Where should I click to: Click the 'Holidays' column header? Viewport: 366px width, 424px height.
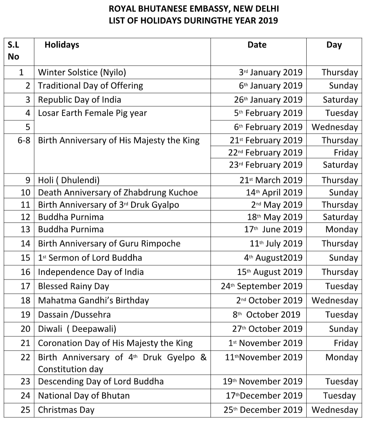(x=62, y=44)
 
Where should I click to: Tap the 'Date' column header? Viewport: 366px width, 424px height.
(x=257, y=44)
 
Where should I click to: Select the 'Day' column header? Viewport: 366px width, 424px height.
(x=334, y=45)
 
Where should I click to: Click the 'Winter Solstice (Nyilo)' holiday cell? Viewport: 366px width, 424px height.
(x=82, y=72)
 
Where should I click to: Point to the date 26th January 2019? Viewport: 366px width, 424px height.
(x=268, y=100)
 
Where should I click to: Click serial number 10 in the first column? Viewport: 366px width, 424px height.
(x=26, y=192)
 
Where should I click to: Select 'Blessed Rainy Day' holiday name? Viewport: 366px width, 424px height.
(x=73, y=286)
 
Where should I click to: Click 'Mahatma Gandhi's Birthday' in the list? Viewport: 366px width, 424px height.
(x=93, y=300)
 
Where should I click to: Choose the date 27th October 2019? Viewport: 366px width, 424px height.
(x=267, y=329)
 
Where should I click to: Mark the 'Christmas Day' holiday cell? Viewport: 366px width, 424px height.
(x=66, y=410)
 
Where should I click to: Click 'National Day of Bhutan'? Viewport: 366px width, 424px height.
(x=84, y=395)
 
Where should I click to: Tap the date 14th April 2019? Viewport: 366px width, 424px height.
(x=274, y=192)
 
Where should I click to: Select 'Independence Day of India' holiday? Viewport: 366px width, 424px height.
(x=90, y=272)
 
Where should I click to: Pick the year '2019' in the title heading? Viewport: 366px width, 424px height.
(x=268, y=20)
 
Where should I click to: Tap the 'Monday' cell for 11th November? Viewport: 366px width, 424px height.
(x=341, y=357)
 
